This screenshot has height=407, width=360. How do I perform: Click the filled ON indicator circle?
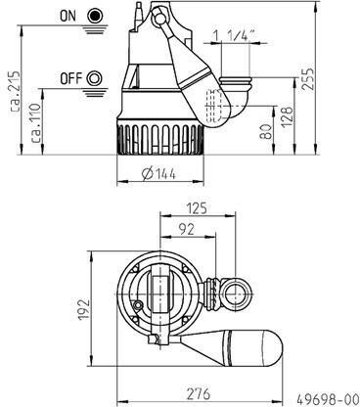pyautogui.click(x=95, y=16)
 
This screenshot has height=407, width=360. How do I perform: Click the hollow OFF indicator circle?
pyautogui.click(x=95, y=78)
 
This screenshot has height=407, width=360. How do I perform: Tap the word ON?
pyautogui.click(x=67, y=16)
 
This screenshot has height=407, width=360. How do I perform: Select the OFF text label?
pyautogui.click(x=71, y=78)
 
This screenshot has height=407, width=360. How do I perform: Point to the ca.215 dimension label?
pyautogui.click(x=15, y=91)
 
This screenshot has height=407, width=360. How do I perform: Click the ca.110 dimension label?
pyautogui.click(x=36, y=123)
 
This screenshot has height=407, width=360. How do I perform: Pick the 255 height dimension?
pyautogui.click(x=308, y=78)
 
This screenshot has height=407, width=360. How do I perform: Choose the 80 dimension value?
pyautogui.click(x=266, y=132)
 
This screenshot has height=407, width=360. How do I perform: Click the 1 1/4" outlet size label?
pyautogui.click(x=234, y=35)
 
